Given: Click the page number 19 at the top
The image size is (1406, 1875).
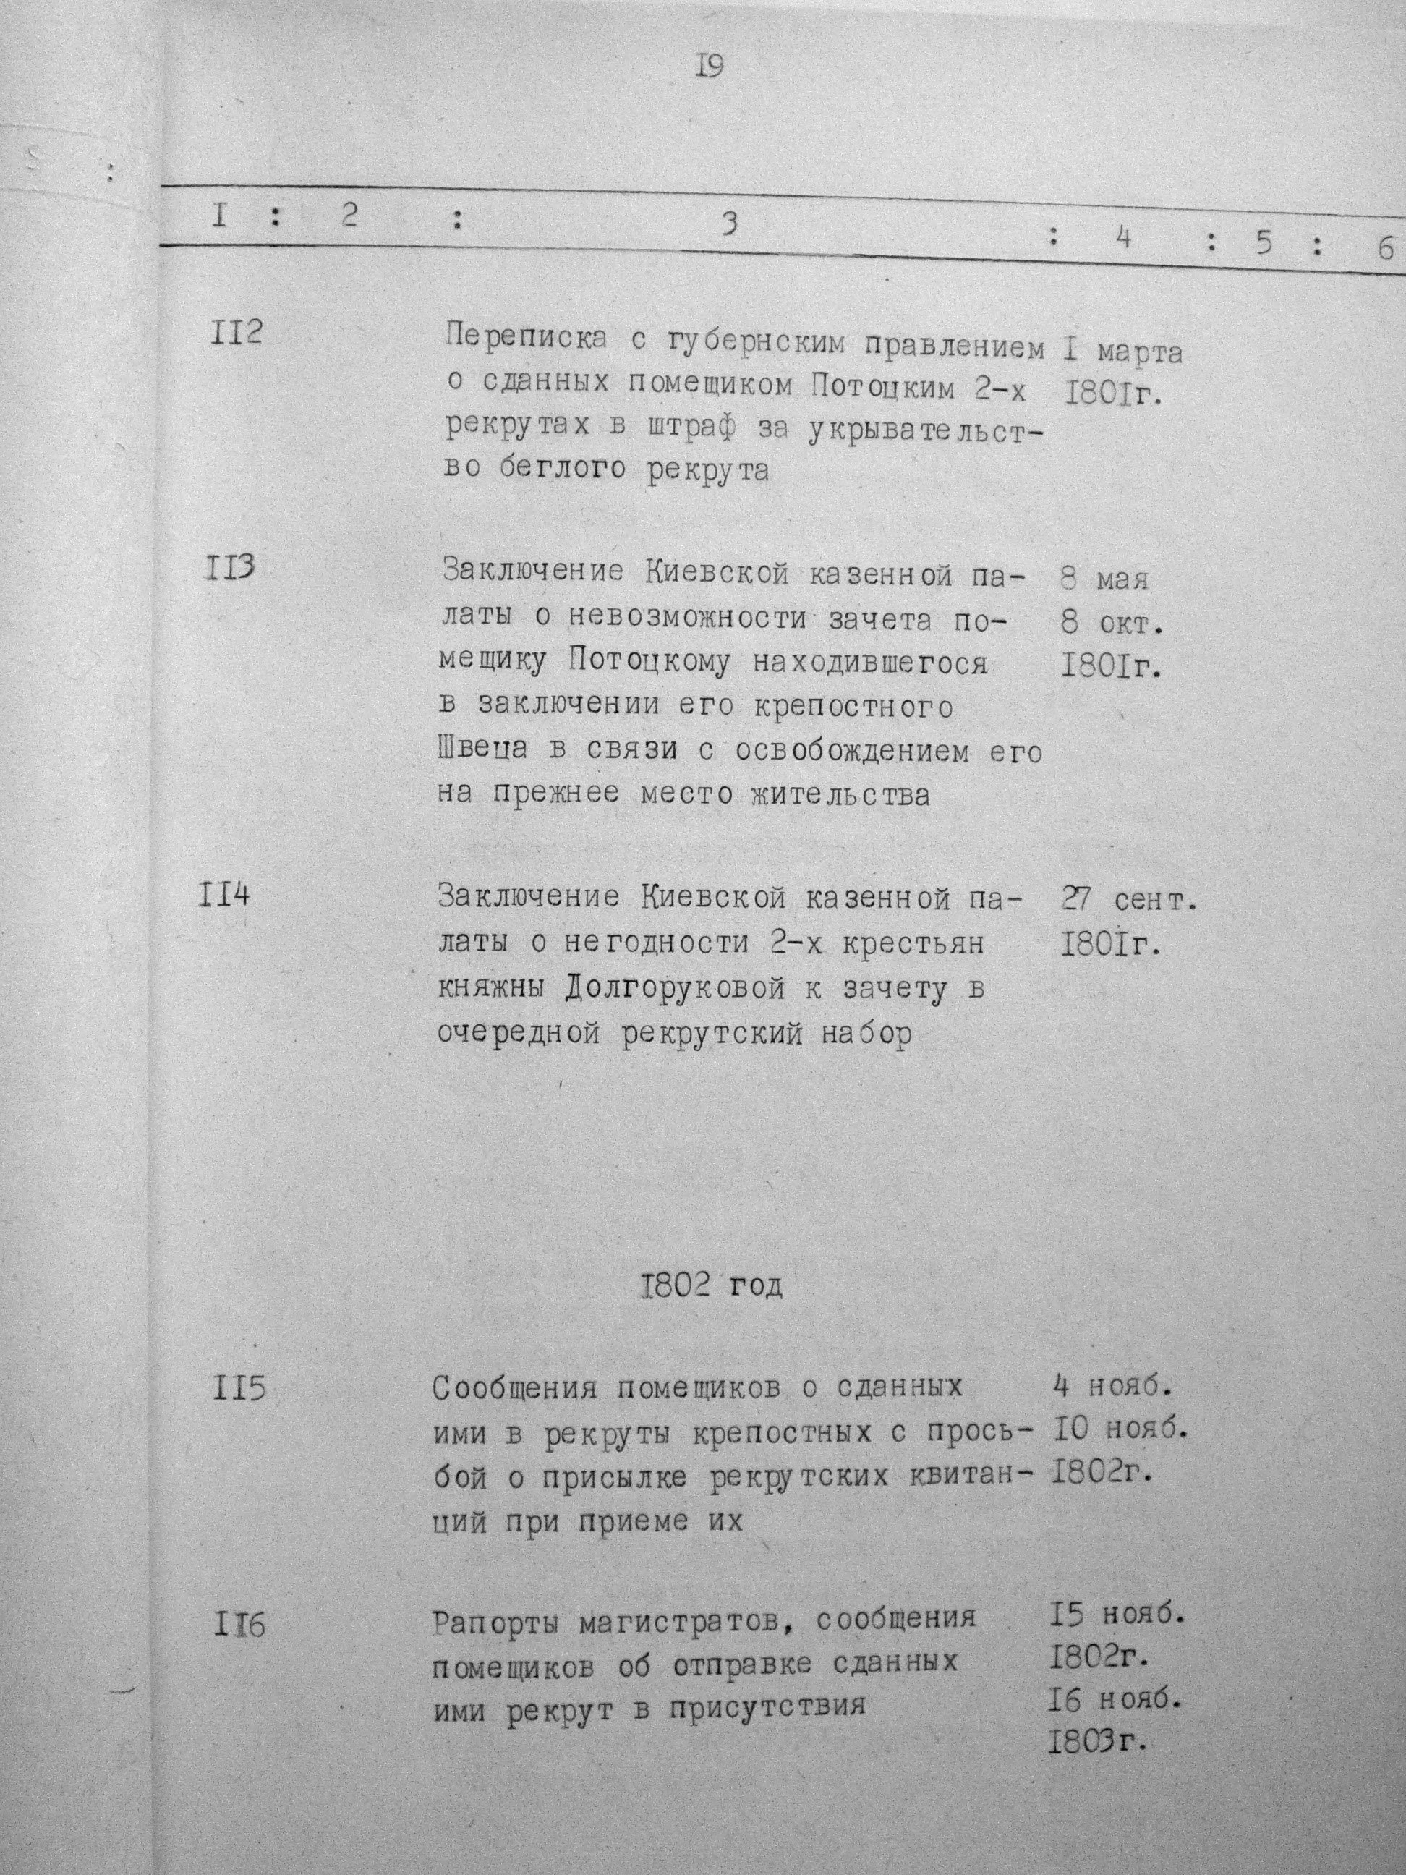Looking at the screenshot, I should (x=710, y=65).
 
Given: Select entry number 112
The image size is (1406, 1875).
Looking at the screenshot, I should (x=236, y=331).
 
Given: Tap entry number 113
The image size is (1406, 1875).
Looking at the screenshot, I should (x=230, y=566).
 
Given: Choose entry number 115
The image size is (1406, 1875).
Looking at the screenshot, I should (x=240, y=1390).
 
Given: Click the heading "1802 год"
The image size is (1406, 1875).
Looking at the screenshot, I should (x=710, y=1286).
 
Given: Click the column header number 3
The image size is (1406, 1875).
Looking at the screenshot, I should (x=729, y=223).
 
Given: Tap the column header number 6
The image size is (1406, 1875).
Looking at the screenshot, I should (x=1386, y=248).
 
